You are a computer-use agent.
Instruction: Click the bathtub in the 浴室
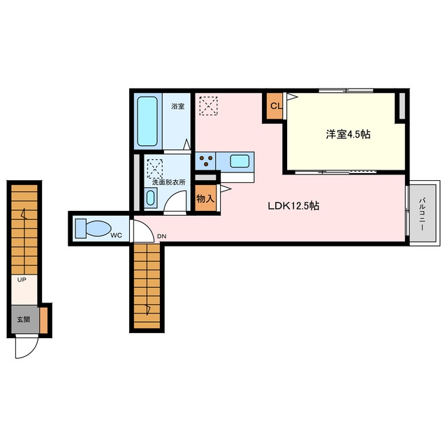tap(147, 121)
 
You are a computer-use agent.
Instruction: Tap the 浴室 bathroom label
tap(177, 106)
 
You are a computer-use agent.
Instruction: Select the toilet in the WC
tap(93, 228)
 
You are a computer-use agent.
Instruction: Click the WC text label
tap(117, 235)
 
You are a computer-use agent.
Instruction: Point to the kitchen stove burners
tap(206, 161)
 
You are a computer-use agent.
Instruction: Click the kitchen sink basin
tap(240, 161)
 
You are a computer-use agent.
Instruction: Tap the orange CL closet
tap(274, 106)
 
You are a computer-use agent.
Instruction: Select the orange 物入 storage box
tap(205, 198)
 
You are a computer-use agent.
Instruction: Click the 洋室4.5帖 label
tap(348, 134)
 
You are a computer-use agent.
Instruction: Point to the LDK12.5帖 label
tap(293, 205)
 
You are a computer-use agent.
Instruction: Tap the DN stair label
tap(161, 236)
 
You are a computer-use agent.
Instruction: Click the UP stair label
tap(22, 279)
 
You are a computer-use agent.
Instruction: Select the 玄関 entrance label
tap(23, 319)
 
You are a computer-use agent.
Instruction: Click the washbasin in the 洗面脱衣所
tap(151, 198)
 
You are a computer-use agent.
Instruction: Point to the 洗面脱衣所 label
tap(169, 182)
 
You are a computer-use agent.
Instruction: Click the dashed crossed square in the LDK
tap(208, 105)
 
